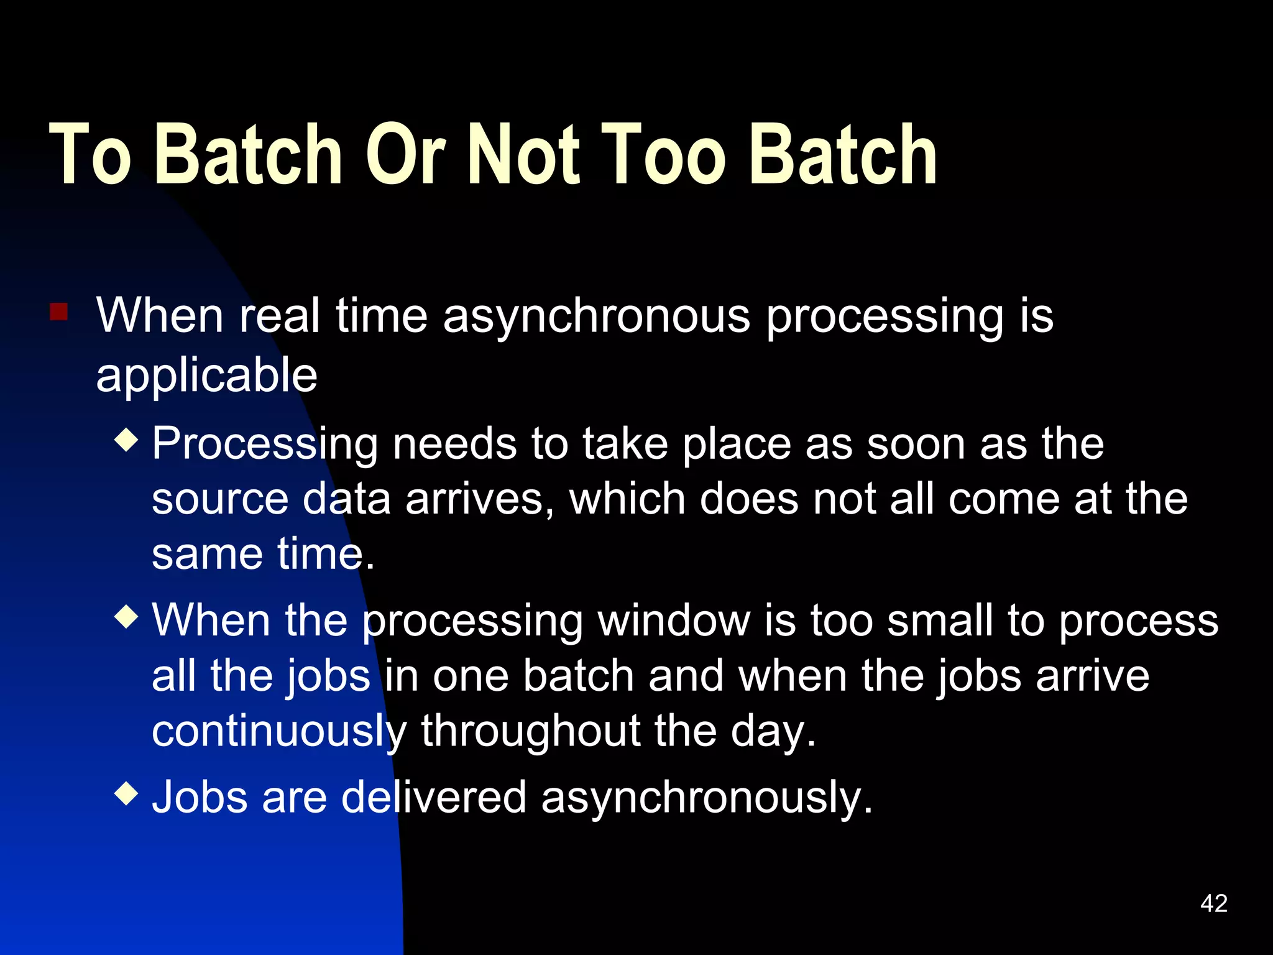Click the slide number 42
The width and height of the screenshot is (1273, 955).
[x=1214, y=903]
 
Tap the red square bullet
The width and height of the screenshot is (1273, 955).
[x=59, y=311]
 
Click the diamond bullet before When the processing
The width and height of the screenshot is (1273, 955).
[x=127, y=617]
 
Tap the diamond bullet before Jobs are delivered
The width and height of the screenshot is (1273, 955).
[x=127, y=793]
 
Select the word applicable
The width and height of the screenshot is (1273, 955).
[x=206, y=376]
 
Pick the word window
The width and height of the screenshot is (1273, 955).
[x=674, y=621]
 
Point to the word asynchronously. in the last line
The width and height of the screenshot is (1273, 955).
[x=707, y=798]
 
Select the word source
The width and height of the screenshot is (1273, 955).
[x=220, y=500]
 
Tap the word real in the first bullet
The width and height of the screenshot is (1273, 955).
[x=279, y=316]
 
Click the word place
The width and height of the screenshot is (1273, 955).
[x=736, y=445]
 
